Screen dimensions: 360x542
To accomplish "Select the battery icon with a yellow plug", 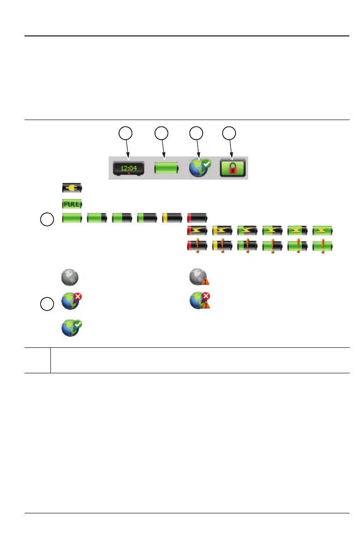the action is tap(72, 187).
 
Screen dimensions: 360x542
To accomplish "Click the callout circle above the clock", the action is tap(126, 133).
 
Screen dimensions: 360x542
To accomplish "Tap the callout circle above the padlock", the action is tap(230, 133).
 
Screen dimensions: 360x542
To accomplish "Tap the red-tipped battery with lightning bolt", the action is tap(197, 231).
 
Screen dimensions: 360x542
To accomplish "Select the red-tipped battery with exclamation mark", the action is tap(197, 246).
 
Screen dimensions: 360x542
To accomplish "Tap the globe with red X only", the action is tap(71, 301).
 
